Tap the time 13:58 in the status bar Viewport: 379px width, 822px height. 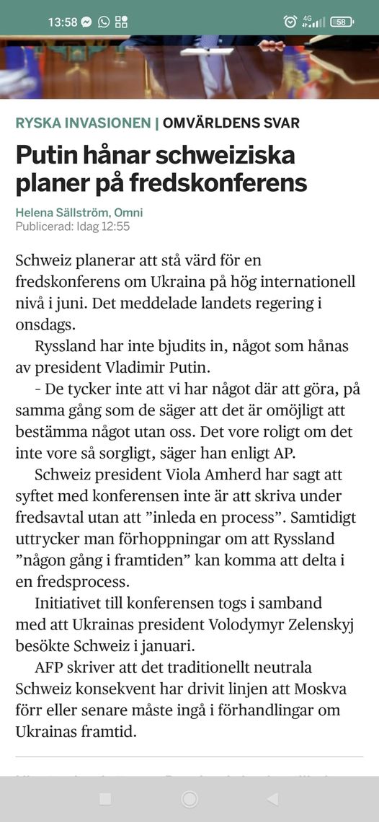[63, 22]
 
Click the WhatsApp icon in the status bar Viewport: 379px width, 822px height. [104, 22]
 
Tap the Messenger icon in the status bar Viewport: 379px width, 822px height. [86, 22]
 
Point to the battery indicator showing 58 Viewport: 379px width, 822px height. [341, 22]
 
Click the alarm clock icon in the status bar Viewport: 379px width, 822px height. [290, 22]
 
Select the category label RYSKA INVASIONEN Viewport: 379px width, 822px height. [83, 123]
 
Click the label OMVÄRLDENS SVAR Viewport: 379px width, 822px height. [231, 123]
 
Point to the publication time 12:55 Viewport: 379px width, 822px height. [115, 226]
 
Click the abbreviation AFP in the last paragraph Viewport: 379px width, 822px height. [50, 666]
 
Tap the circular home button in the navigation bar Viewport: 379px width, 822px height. [189, 798]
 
